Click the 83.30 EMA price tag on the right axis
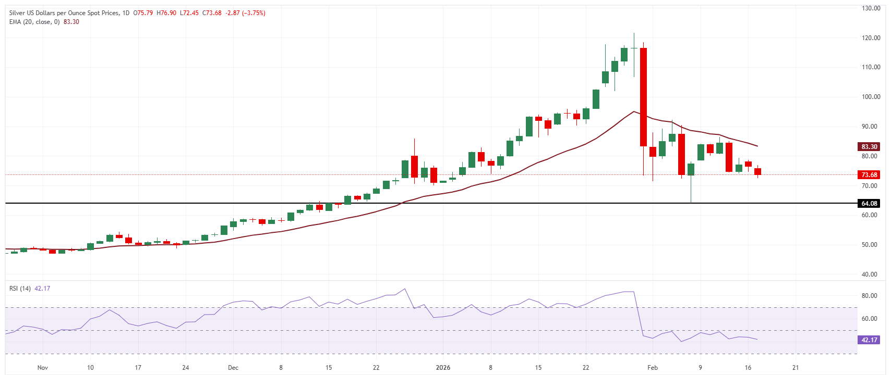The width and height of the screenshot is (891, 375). (x=869, y=147)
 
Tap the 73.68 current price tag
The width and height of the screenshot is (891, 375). (x=869, y=175)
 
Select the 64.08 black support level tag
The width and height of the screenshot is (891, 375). (x=869, y=204)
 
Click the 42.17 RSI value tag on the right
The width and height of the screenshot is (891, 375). (x=869, y=340)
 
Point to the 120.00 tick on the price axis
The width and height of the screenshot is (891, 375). (x=871, y=38)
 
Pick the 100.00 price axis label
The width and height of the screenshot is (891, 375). (x=871, y=97)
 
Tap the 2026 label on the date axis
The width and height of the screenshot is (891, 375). (x=443, y=368)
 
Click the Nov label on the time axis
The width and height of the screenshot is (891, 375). (x=43, y=368)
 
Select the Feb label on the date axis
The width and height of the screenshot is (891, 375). (x=653, y=368)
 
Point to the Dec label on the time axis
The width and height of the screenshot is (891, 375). (x=233, y=368)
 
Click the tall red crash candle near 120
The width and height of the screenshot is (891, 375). (x=644, y=97)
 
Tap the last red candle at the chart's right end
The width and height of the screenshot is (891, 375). (x=757, y=171)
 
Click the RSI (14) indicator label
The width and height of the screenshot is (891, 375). (x=20, y=289)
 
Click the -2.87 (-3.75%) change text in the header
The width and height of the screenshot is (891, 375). (x=245, y=13)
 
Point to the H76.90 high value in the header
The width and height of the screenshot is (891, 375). (x=166, y=13)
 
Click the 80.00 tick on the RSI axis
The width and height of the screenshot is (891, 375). (x=869, y=296)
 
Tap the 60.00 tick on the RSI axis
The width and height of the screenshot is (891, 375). (x=869, y=319)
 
